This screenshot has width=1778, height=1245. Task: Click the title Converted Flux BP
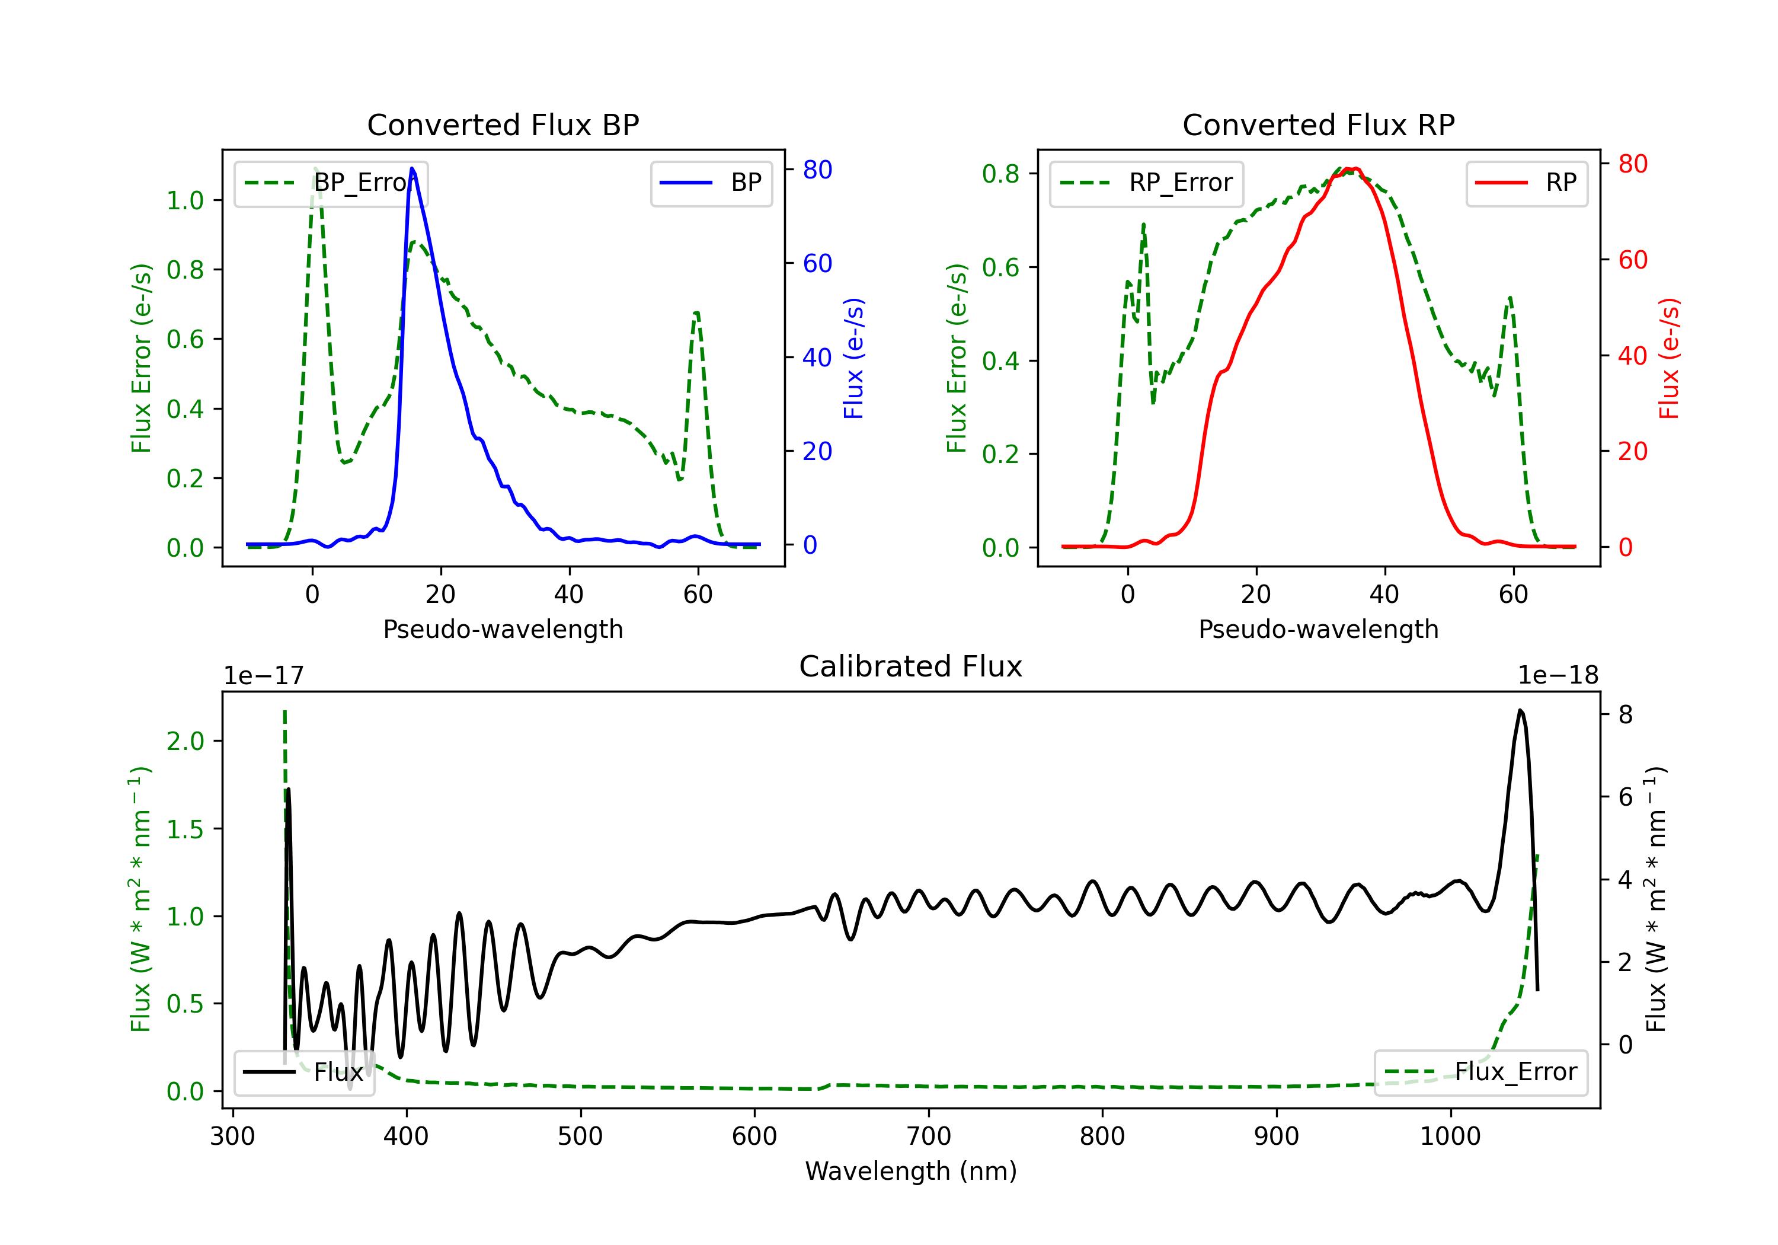[x=503, y=124]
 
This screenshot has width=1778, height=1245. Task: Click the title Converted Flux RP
[x=1318, y=124]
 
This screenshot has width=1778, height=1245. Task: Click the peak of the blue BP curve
[x=412, y=168]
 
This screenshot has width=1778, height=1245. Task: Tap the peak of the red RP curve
[x=1350, y=169]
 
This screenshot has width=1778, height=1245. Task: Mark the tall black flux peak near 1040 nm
[x=1520, y=710]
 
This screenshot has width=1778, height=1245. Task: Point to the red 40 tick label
[x=1632, y=356]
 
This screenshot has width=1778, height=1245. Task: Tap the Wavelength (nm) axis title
[x=911, y=1171]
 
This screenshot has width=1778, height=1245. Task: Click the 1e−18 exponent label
[x=1558, y=676]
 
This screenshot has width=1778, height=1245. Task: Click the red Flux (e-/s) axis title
[x=1669, y=359]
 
